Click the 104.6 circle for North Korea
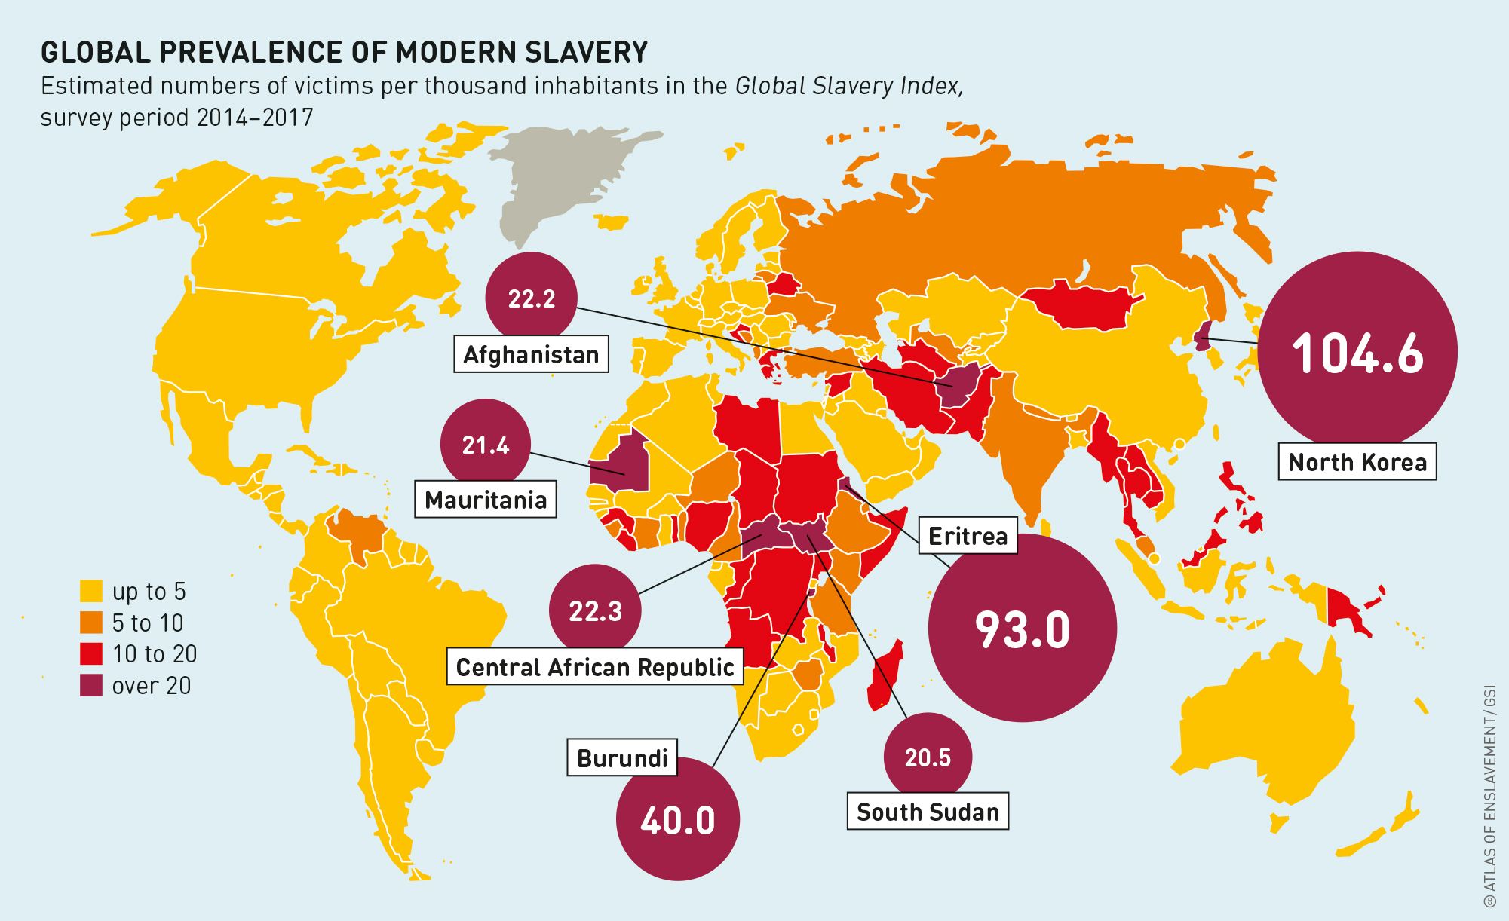pos(1357,352)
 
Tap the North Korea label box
pos(1357,462)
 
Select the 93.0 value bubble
pos(1022,629)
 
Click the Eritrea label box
pos(968,536)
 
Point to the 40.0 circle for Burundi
pos(677,819)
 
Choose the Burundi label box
pos(622,757)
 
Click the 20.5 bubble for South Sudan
pos(928,757)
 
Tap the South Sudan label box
pos(928,812)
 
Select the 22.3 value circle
pos(596,610)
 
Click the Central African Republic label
pos(595,667)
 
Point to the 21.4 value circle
pos(486,445)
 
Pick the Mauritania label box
pos(486,500)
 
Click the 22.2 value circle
pos(531,298)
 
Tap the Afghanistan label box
pos(531,354)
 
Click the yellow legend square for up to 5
pos(91,591)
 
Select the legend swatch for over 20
pos(91,685)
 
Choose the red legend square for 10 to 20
pos(91,653)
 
